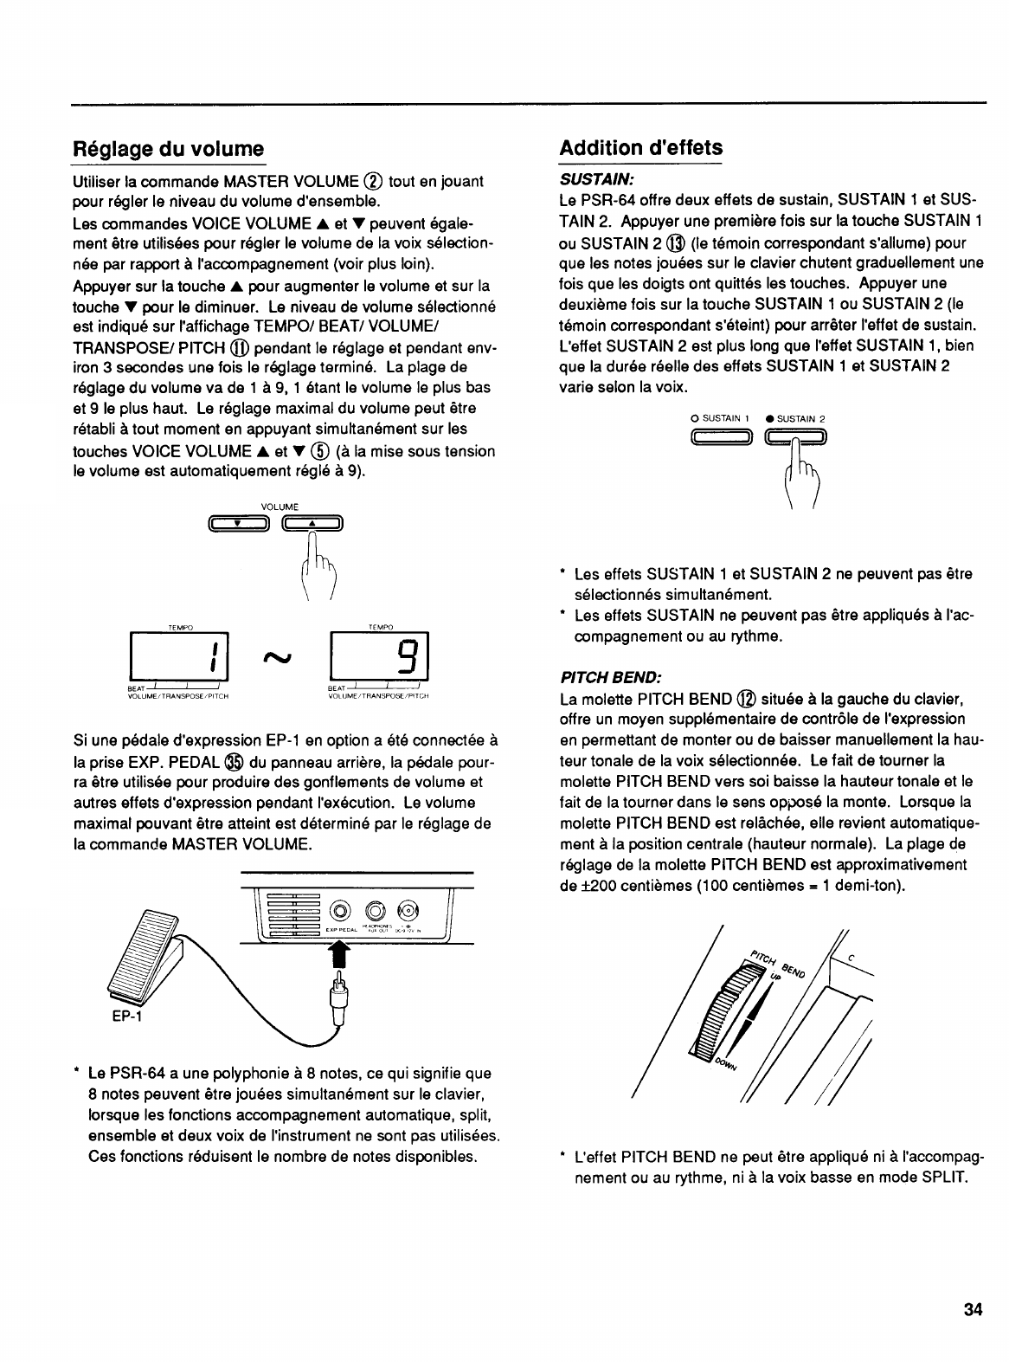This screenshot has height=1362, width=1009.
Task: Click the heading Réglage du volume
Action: click(x=168, y=148)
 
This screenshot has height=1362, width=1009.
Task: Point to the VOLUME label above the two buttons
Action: click(x=279, y=507)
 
